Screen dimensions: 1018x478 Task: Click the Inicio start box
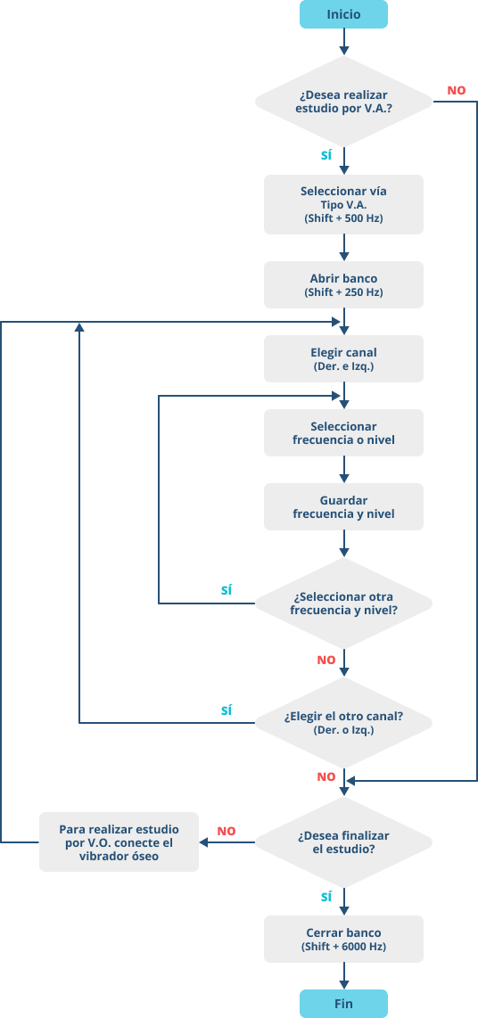(x=343, y=14)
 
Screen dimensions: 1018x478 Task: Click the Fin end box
(x=343, y=1003)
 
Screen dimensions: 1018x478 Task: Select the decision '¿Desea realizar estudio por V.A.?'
(x=343, y=102)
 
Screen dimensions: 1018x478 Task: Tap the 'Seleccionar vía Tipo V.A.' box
(x=343, y=204)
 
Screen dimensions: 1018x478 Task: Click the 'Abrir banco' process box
(x=343, y=284)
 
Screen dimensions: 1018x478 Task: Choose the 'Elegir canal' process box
(x=343, y=358)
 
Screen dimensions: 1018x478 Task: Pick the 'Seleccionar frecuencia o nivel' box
(x=343, y=433)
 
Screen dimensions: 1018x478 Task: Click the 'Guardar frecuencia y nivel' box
(x=343, y=507)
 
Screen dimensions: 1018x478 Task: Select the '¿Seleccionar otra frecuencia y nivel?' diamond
(x=343, y=603)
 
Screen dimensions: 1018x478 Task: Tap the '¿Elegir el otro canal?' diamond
(x=343, y=723)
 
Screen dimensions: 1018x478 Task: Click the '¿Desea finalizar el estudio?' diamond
(x=343, y=842)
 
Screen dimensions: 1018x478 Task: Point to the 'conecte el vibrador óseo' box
(x=119, y=842)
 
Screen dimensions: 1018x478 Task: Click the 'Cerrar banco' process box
(x=343, y=939)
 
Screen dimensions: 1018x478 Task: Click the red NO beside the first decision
(x=456, y=91)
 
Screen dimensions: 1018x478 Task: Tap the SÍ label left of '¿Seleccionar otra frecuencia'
(x=226, y=590)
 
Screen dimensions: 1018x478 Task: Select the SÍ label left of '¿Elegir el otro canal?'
(x=226, y=710)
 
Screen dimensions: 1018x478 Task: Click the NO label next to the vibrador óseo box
(x=226, y=831)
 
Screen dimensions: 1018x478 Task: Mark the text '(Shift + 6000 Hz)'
(x=343, y=947)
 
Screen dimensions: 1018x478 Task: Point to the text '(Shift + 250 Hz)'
(x=343, y=292)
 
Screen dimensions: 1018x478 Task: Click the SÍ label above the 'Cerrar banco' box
(x=326, y=895)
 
